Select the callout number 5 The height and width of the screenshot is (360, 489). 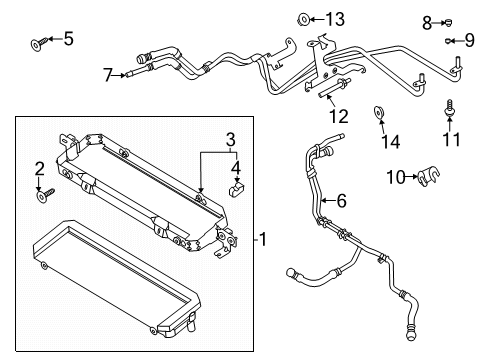click(x=68, y=39)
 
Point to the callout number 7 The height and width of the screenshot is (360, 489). click(x=107, y=74)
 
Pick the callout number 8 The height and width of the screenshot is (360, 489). click(x=426, y=21)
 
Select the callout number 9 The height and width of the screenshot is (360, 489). click(x=469, y=40)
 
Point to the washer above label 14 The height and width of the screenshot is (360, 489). click(x=380, y=112)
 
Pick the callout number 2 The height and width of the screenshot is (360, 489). click(x=40, y=168)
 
